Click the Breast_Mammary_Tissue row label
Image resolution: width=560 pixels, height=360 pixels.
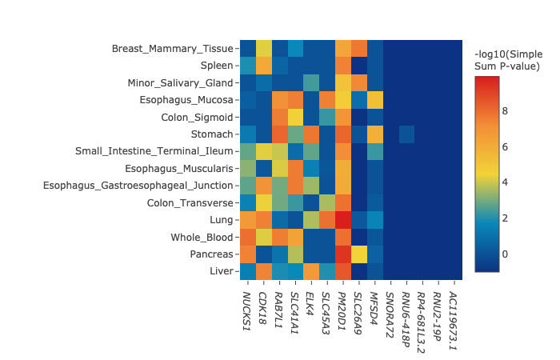173,49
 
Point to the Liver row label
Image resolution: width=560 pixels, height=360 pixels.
222,271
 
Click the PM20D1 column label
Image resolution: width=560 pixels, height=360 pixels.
342,309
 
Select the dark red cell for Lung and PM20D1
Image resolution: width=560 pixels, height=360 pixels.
342,220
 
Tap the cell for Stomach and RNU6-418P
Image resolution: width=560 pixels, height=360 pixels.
406,134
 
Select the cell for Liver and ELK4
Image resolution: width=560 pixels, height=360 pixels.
310,271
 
